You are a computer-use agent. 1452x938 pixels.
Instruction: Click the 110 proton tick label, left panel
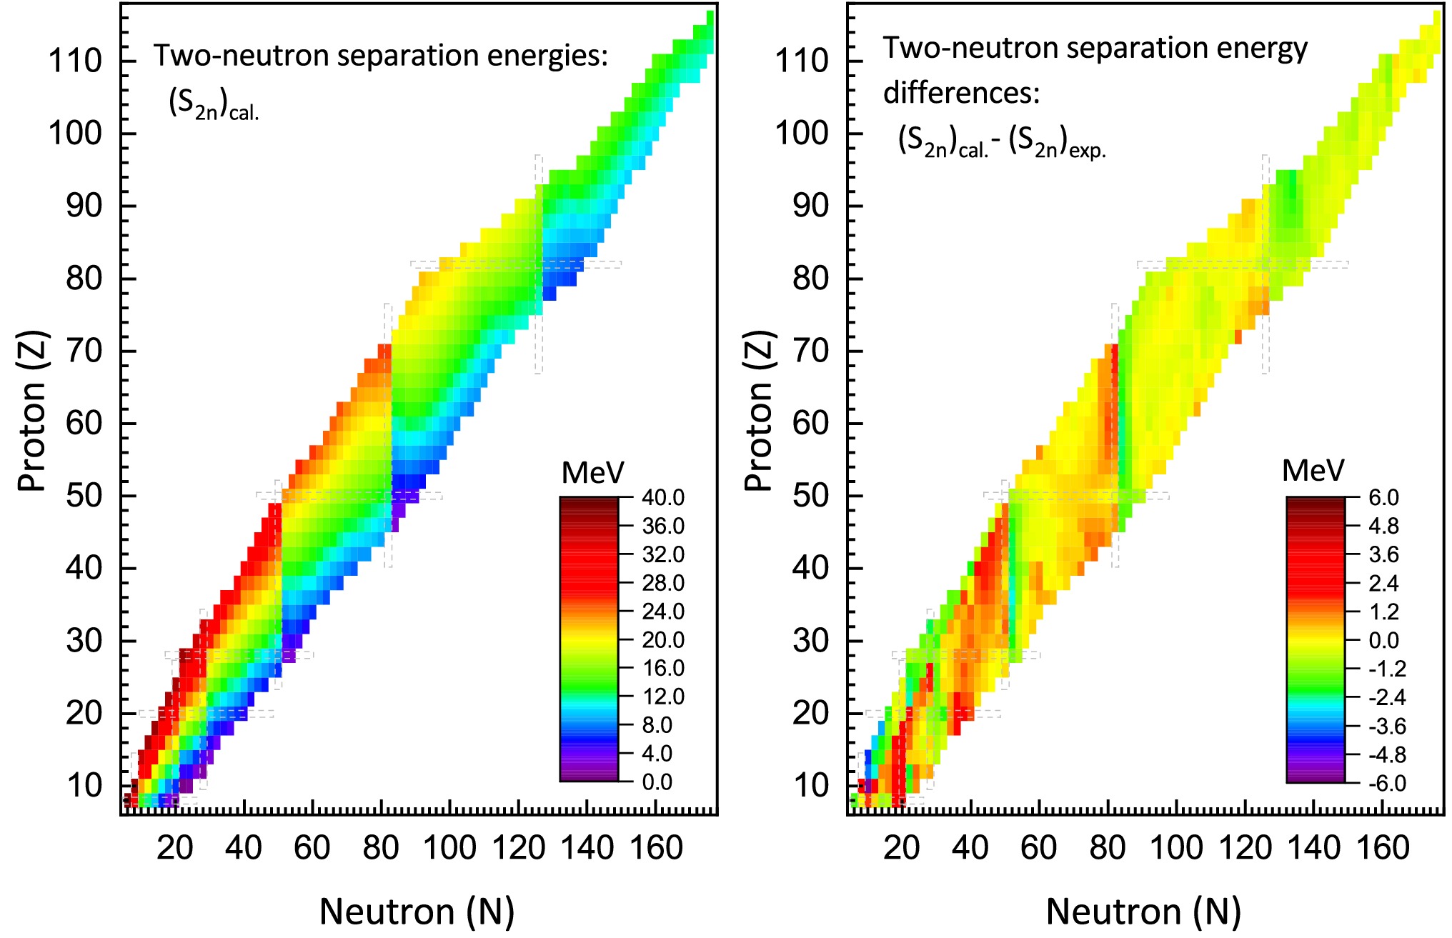(x=75, y=61)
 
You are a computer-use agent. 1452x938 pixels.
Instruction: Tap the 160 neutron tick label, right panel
(x=1383, y=848)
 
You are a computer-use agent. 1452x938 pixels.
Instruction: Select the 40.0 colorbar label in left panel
(x=663, y=498)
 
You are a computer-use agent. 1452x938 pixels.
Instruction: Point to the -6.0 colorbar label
(x=1387, y=784)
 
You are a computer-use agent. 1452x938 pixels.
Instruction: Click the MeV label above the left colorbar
(x=593, y=473)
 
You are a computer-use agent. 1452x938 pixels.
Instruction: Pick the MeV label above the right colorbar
(x=1313, y=471)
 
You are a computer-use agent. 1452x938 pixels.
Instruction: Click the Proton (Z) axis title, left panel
(x=33, y=411)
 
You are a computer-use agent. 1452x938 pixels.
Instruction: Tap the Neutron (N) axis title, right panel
(x=1144, y=912)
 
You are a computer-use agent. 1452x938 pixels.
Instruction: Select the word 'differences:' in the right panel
(x=962, y=93)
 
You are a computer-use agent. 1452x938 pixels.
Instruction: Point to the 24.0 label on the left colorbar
(x=663, y=612)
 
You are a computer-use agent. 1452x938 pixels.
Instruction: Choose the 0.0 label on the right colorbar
(x=1383, y=640)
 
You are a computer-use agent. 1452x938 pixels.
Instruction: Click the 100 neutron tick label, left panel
(x=449, y=848)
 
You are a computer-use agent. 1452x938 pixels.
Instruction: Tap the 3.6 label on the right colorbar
(x=1383, y=555)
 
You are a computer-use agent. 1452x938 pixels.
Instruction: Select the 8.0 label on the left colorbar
(x=657, y=725)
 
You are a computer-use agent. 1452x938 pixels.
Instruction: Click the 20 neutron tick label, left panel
(x=175, y=848)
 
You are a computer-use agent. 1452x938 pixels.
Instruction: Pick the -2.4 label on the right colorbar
(x=1387, y=697)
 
